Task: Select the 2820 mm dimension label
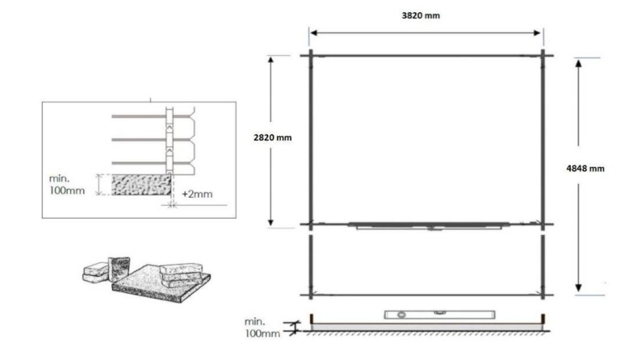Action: coord(272,137)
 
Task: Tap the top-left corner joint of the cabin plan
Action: coord(309,55)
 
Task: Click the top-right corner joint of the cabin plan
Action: coord(543,55)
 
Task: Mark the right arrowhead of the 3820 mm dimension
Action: coord(538,33)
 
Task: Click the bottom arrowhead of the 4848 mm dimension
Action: coord(579,287)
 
